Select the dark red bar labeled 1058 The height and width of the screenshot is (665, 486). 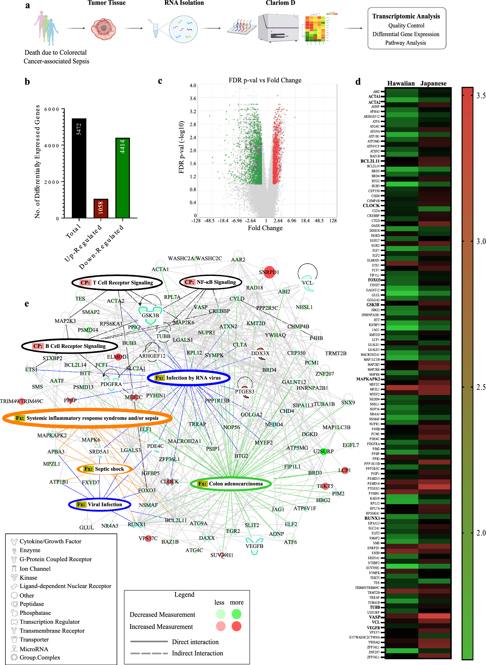[101, 208]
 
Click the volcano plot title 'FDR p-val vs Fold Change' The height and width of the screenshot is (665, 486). [265, 80]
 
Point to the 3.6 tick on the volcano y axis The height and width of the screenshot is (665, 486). [193, 98]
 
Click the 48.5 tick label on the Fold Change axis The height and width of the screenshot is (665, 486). [319, 221]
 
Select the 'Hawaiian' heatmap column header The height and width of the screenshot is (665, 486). [401, 83]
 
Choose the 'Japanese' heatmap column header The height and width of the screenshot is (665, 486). [433, 83]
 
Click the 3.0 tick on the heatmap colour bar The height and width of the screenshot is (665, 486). [481, 241]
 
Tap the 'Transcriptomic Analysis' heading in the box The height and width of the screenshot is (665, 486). [406, 16]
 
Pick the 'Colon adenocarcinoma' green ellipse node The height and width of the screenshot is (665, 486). [231, 484]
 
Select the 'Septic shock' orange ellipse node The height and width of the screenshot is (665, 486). [104, 469]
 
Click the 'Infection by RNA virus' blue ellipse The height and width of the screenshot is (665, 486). [189, 378]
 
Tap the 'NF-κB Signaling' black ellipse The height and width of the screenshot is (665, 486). [211, 282]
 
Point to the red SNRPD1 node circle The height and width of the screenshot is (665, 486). [269, 272]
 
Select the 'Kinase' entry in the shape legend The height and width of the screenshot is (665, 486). [28, 577]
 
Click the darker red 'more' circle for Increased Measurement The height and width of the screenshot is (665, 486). [236, 626]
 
